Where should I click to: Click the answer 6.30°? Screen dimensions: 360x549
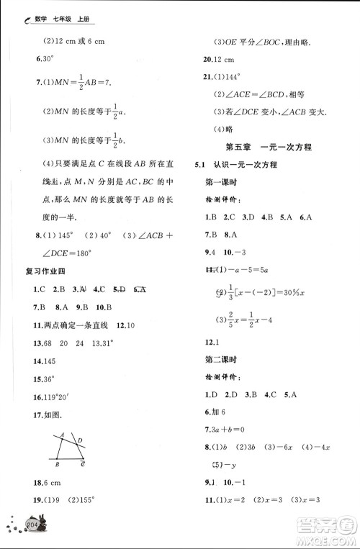click(x=37, y=59)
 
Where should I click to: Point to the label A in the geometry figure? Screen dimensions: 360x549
click(x=63, y=434)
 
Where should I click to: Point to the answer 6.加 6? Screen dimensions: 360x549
click(x=215, y=412)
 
